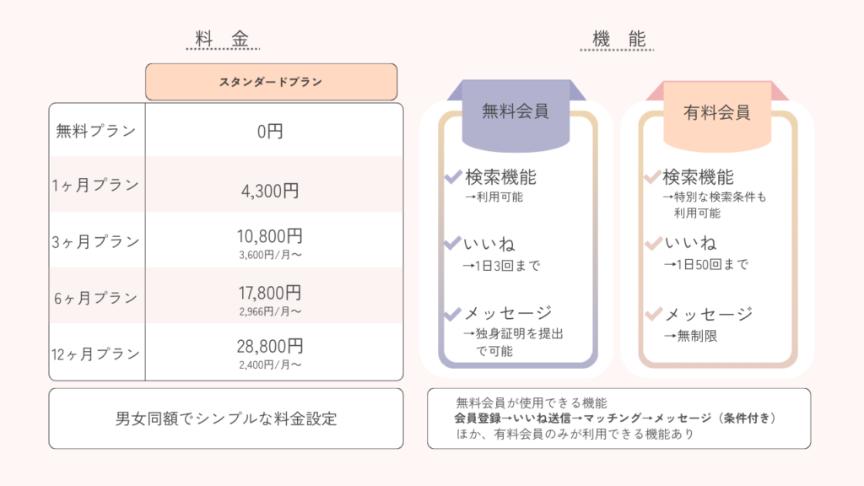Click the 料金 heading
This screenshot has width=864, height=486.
(x=223, y=39)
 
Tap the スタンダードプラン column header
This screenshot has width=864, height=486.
(x=271, y=82)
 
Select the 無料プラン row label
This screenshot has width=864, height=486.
(x=95, y=131)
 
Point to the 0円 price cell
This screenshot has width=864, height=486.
(x=270, y=131)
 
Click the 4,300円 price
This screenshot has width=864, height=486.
(x=270, y=191)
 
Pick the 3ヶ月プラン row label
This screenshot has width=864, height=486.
(x=95, y=241)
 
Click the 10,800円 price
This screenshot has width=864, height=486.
(x=270, y=236)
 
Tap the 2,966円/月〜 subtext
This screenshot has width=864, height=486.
(x=270, y=311)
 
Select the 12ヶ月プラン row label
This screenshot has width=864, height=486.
(x=95, y=354)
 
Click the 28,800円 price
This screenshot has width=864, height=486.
(x=270, y=346)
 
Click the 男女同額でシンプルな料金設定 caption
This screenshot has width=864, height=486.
(x=226, y=418)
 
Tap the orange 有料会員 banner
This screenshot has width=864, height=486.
(x=717, y=114)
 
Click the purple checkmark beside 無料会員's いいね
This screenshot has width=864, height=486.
(x=452, y=243)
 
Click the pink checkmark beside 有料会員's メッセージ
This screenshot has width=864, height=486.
(x=653, y=314)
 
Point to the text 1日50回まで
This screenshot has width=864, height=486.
(x=712, y=264)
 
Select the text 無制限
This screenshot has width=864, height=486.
(x=697, y=336)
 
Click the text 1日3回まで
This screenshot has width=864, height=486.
(x=507, y=266)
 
